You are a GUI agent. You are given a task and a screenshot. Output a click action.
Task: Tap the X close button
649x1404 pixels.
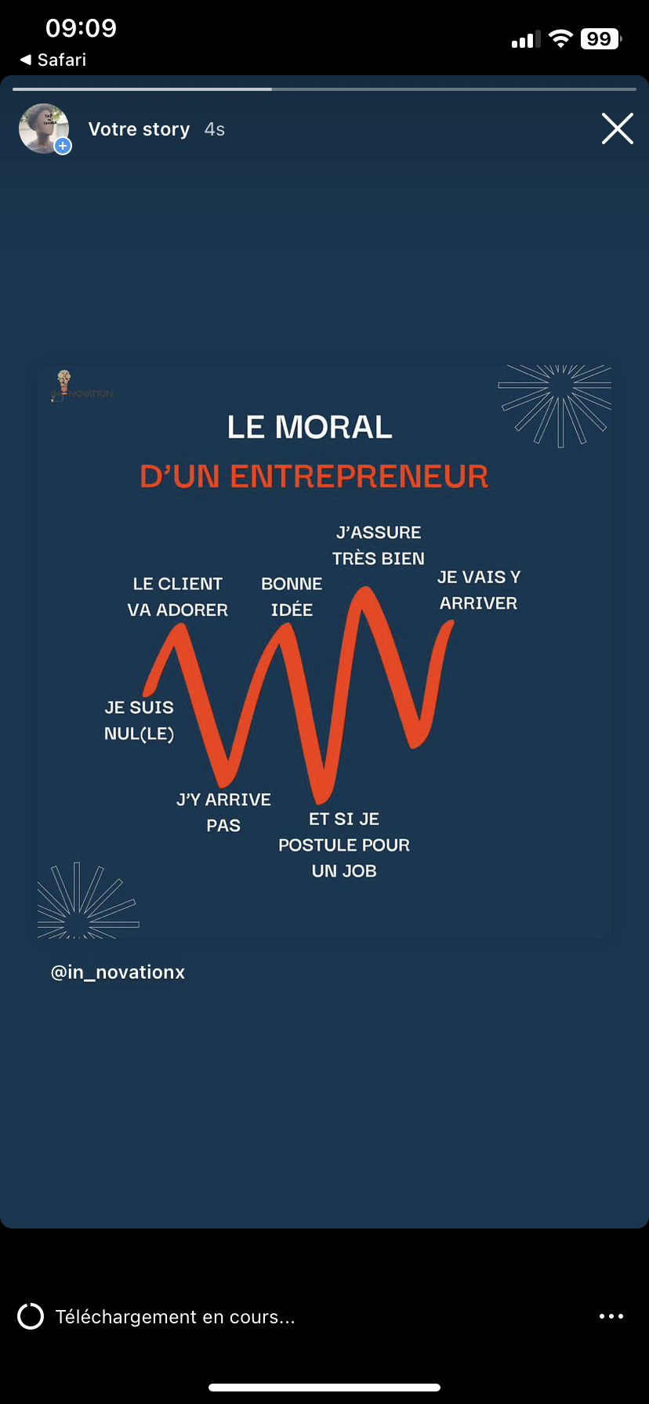pos(617,128)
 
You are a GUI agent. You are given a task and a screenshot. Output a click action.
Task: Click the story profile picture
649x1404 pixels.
pos(43,128)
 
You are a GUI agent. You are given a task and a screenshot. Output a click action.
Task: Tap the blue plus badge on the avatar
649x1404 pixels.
pos(63,146)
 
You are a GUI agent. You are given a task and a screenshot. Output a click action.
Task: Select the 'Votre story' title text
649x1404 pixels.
pos(139,129)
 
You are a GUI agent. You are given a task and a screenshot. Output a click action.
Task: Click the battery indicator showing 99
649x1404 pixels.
pos(600,39)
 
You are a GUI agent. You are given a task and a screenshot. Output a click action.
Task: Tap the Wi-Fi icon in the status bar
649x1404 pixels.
pos(560,39)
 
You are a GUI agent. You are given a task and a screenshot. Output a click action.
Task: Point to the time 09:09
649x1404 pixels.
pos(81,28)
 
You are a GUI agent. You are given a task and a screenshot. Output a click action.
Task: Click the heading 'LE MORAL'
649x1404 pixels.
pos(310,428)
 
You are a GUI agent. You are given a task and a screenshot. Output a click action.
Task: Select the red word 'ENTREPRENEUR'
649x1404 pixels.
pos(359,476)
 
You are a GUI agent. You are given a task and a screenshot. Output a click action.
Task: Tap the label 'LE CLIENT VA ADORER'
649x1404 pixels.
pos(178,597)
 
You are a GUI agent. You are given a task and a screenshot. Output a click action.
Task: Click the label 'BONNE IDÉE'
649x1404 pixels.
pos(292,597)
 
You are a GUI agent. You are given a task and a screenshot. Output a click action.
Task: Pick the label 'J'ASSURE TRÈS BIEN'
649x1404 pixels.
pos(379,545)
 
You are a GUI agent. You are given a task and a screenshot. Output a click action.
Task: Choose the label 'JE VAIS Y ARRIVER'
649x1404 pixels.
pos(478,590)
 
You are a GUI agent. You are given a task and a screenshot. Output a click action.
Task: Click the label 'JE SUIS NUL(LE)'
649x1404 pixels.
pos(139,720)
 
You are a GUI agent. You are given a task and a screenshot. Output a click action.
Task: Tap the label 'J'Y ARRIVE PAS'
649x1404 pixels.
pos(223,812)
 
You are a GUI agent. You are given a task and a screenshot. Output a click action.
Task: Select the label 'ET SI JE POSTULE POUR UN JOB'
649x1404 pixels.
pos(344,845)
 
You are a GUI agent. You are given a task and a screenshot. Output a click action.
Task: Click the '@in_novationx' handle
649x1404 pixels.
pos(118,972)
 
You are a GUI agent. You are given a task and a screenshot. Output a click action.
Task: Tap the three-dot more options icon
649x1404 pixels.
pos(611,1316)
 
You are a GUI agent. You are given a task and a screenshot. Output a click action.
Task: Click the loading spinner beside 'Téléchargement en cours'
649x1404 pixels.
pos(31,1316)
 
